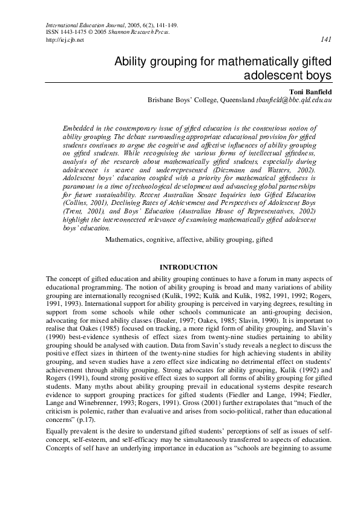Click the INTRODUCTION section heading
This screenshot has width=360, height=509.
coord(188,267)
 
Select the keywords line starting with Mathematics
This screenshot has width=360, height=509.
coord(189,239)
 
